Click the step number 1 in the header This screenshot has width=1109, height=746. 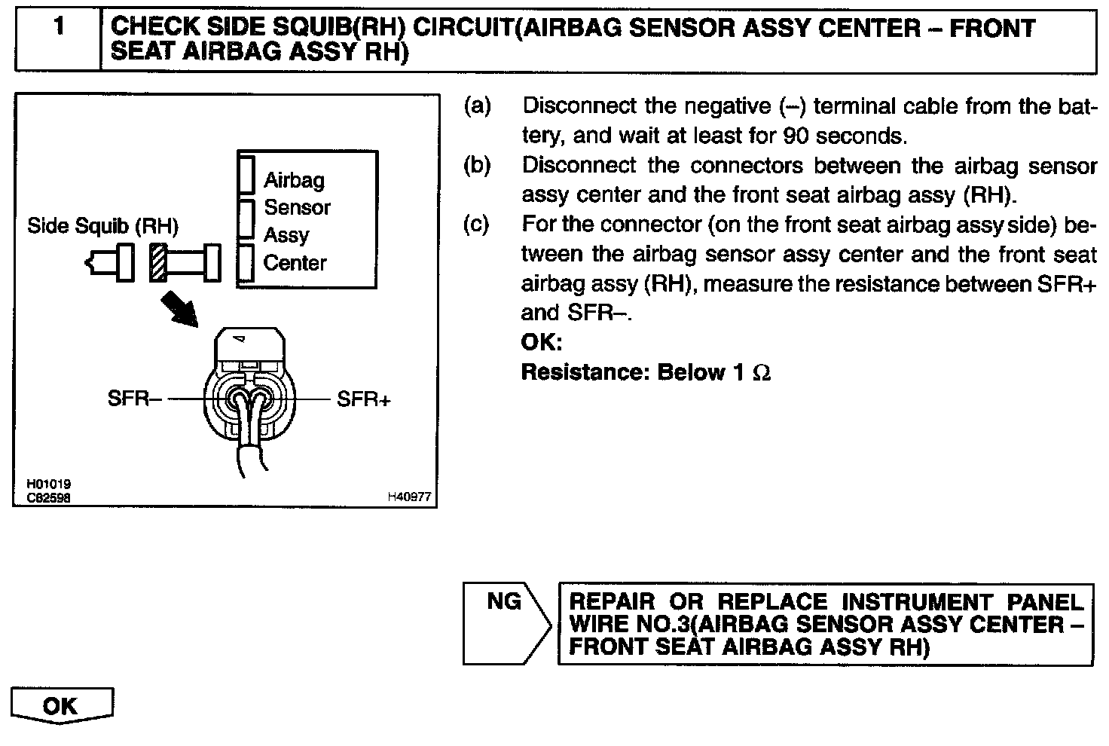[x=59, y=28]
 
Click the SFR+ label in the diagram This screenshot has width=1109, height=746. [x=364, y=399]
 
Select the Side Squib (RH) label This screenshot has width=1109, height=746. [x=102, y=226]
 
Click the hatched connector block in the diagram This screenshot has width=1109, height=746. [x=157, y=263]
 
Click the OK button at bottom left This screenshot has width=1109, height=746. [x=61, y=706]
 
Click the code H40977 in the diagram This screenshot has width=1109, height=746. [x=409, y=497]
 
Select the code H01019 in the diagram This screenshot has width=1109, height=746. [x=49, y=485]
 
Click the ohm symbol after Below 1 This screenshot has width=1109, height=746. [x=762, y=373]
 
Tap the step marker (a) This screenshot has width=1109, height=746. [x=478, y=105]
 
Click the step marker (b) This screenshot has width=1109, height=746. [x=478, y=165]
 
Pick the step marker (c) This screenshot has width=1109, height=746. [x=477, y=224]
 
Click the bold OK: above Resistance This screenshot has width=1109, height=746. [x=542, y=343]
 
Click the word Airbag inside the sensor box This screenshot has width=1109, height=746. [x=294, y=180]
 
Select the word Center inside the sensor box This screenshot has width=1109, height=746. [x=295, y=263]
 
